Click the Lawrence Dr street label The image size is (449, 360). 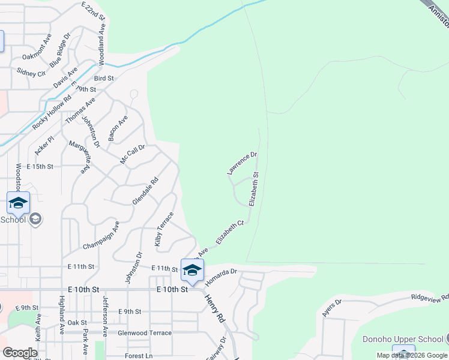coord(242,163)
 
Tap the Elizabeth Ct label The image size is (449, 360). coord(231,232)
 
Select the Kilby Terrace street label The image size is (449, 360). coord(164,229)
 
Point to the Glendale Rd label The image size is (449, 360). coord(145,191)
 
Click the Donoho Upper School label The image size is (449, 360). coord(403,339)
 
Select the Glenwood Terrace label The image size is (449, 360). coord(145,333)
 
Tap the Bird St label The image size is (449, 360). coord(104,78)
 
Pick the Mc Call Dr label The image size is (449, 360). coord(133,154)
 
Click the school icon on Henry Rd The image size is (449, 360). coord(192,271)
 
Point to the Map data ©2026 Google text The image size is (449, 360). coord(412,355)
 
